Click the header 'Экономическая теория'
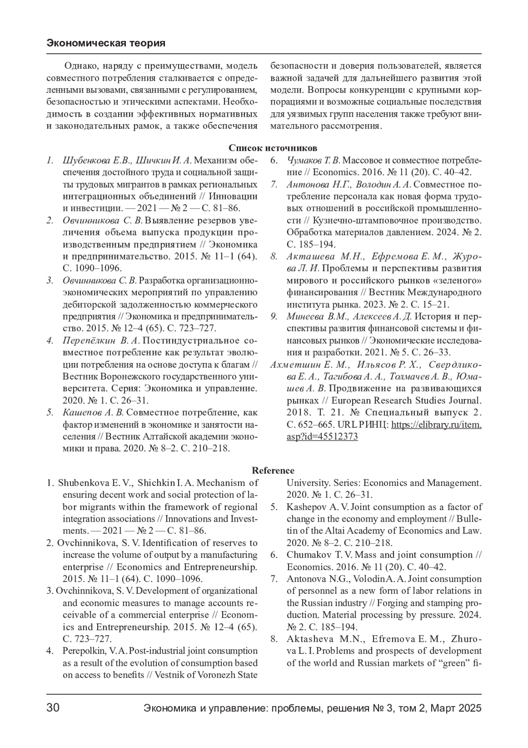coord(106,43)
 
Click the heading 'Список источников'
coord(273,148)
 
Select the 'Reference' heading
coord(273,471)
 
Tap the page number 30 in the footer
coord(53,708)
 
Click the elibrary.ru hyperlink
coord(436,425)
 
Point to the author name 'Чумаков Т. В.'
coord(313,160)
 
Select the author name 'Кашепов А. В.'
coord(94,413)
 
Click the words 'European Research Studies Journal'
coord(406,401)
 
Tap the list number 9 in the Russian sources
coord(273,317)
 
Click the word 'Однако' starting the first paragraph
coord(77,67)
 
